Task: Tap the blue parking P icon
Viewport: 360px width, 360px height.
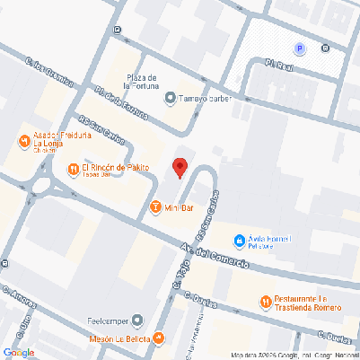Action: (300, 48)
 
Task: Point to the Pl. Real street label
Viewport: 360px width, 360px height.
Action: (279, 64)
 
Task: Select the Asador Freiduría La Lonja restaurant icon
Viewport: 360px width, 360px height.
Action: (23, 141)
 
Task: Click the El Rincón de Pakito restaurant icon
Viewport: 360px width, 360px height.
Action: (72, 168)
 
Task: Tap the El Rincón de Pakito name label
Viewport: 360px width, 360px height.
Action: (116, 168)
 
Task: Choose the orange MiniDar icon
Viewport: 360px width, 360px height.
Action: (155, 208)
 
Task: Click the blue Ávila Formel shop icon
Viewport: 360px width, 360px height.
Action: (239, 241)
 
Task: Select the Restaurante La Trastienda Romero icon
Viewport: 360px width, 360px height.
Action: (265, 303)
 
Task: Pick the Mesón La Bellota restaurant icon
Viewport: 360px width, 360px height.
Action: (159, 338)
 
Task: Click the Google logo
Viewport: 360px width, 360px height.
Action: (19, 352)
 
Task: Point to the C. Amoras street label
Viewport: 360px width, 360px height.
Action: (20, 296)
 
